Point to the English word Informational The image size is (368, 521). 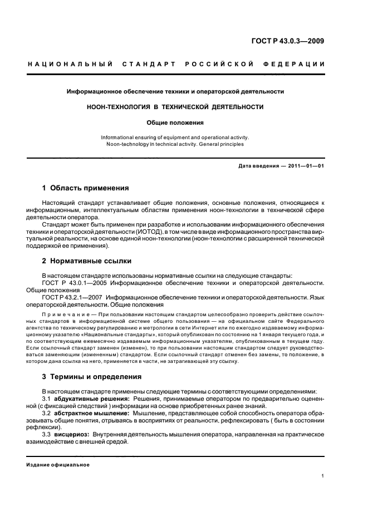pyautogui.click(x=122, y=137)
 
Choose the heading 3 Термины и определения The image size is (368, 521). pyautogui.click(x=92, y=377)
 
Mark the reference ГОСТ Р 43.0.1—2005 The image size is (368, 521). pyautogui.click(x=72, y=283)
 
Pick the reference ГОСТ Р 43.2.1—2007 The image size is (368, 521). pyautogui.click(x=72, y=297)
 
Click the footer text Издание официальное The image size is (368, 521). pyautogui.click(x=57, y=465)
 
